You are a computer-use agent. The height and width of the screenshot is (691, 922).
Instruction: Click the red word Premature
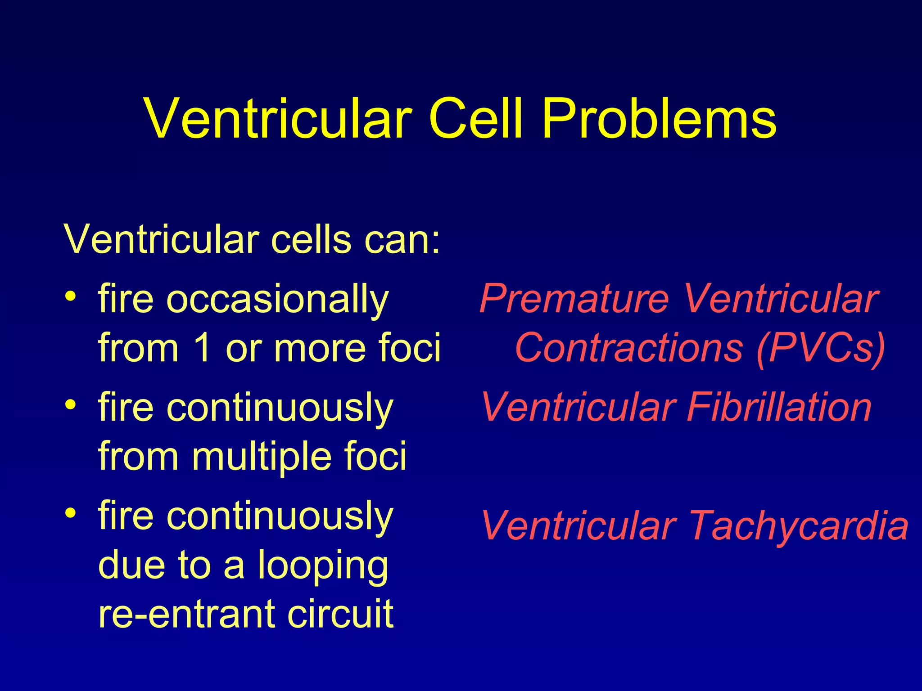click(x=574, y=300)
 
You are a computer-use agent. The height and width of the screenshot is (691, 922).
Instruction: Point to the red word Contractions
click(x=628, y=348)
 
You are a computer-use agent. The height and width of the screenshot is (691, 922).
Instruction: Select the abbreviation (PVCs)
click(x=821, y=348)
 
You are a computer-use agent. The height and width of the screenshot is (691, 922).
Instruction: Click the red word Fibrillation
click(x=779, y=408)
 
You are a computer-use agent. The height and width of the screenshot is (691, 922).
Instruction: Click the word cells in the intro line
click(x=311, y=239)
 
